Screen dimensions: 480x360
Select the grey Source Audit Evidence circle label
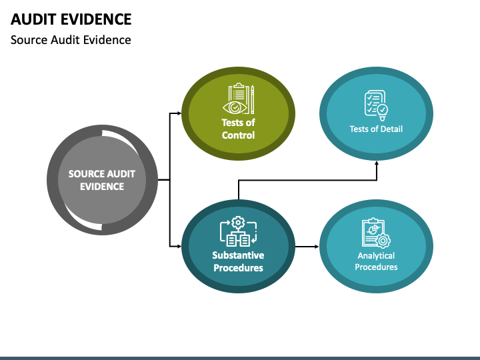pyautogui.click(x=102, y=180)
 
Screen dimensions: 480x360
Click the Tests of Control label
pyautogui.click(x=238, y=129)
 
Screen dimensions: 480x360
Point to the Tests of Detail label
pyautogui.click(x=376, y=129)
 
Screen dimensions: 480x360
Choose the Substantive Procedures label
pyautogui.click(x=238, y=261)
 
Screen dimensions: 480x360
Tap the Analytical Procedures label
pyautogui.click(x=376, y=261)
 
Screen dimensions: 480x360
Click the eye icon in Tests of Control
pyautogui.click(x=235, y=107)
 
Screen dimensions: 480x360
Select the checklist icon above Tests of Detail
pyautogui.click(x=376, y=105)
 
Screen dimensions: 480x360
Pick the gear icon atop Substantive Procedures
pyautogui.click(x=238, y=222)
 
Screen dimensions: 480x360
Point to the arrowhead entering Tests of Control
pyautogui.click(x=179, y=113)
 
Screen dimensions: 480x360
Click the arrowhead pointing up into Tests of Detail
pyautogui.click(x=377, y=163)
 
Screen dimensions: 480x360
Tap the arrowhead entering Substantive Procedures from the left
pyautogui.click(x=179, y=246)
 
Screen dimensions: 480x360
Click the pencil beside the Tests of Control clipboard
pyautogui.click(x=253, y=99)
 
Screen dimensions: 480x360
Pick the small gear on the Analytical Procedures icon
pyautogui.click(x=383, y=241)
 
